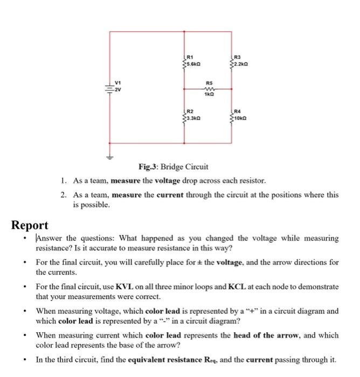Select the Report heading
(x=30, y=225)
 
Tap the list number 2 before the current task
(x=63, y=195)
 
